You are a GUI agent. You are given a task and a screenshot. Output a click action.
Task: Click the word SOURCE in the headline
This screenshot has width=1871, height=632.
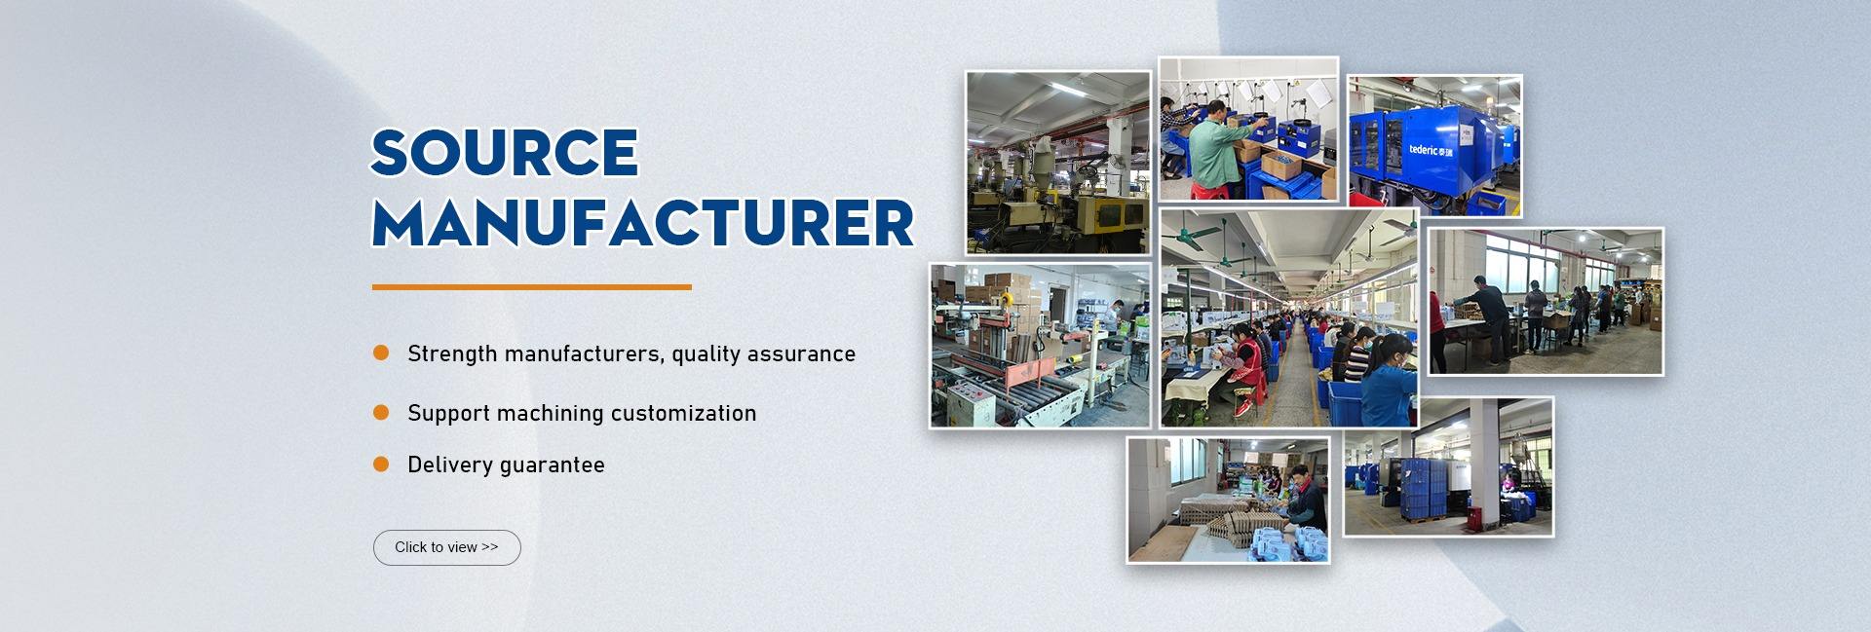point(505,153)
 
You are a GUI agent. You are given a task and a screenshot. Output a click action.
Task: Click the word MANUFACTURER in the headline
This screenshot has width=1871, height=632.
point(643,223)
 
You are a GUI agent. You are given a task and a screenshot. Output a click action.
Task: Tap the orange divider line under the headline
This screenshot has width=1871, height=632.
point(532,287)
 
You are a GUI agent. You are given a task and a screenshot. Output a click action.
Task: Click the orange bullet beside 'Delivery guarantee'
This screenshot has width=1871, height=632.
point(381,465)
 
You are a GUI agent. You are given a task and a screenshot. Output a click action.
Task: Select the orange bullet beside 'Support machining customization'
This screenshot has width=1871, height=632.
point(381,413)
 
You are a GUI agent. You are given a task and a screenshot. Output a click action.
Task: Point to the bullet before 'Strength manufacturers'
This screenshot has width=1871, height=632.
point(381,353)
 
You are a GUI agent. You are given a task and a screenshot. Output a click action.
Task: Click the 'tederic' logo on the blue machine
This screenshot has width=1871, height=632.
point(1431,150)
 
